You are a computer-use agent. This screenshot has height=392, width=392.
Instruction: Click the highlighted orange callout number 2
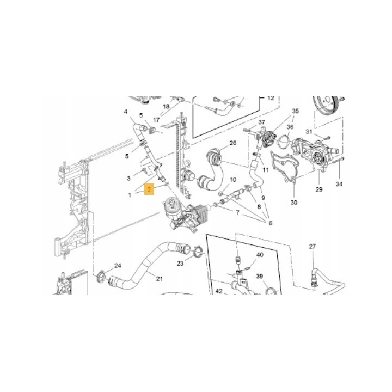point(149,189)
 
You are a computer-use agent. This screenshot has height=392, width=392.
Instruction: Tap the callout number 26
point(233,143)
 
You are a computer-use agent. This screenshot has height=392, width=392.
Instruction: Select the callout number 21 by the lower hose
point(159,279)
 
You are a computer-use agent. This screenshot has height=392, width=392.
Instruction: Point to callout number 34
point(339,184)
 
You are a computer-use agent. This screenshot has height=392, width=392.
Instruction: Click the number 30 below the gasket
point(294,202)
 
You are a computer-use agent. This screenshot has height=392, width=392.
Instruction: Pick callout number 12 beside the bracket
point(271,98)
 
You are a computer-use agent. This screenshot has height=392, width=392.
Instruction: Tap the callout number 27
point(313,247)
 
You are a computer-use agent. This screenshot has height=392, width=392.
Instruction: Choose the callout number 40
point(260,255)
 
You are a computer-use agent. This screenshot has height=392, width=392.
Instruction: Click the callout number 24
point(118,266)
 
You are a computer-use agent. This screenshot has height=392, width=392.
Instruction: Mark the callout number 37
point(261,122)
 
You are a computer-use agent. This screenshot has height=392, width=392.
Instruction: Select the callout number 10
point(233,180)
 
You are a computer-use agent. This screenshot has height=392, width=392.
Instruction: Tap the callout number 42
point(219,291)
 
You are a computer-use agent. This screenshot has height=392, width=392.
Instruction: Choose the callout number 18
point(166,107)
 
